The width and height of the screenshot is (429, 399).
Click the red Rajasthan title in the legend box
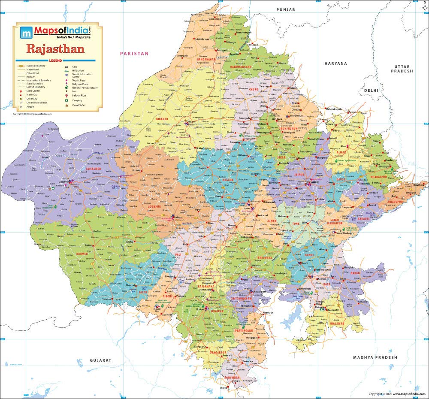(x=56, y=48)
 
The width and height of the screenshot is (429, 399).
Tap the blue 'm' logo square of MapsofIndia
(x=26, y=32)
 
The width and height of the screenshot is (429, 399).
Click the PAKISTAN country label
(x=134, y=54)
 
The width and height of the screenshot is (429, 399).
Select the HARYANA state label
(x=335, y=63)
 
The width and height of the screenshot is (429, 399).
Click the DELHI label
(x=372, y=91)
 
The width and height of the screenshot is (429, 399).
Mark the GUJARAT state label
(x=101, y=360)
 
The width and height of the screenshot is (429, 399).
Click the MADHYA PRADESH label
(x=375, y=357)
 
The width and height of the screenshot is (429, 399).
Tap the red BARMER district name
(x=82, y=254)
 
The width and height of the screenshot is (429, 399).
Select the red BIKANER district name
(x=162, y=119)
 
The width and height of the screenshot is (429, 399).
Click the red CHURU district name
(x=253, y=90)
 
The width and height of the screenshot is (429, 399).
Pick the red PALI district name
(x=178, y=255)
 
